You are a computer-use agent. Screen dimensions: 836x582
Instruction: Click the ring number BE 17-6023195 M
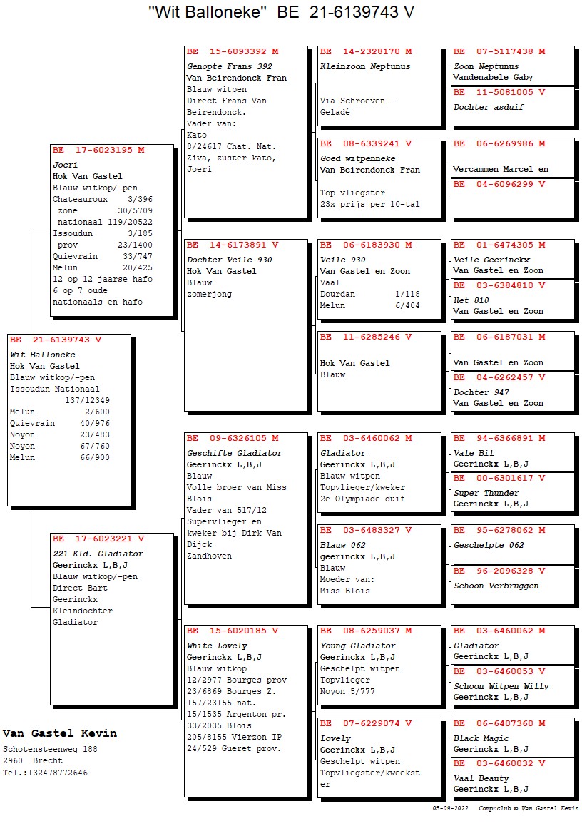tap(98, 151)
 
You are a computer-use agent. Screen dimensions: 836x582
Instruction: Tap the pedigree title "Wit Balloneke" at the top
tap(208, 12)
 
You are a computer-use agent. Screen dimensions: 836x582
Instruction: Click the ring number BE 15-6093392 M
tap(233, 52)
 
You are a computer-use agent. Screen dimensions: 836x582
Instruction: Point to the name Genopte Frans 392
tap(229, 66)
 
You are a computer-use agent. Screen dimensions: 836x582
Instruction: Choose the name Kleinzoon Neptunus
tap(365, 66)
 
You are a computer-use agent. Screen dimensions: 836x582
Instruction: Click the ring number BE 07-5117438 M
tap(499, 52)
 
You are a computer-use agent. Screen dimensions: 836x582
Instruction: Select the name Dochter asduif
tap(489, 107)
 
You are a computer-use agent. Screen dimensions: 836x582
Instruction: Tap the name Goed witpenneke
tap(358, 158)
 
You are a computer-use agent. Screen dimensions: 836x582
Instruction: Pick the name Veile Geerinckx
tap(491, 260)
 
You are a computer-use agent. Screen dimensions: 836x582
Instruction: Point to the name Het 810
tap(471, 300)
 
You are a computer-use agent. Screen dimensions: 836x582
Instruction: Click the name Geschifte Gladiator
tap(235, 453)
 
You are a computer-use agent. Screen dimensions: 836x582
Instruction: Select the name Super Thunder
tap(486, 493)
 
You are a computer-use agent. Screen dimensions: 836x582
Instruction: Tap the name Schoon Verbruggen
tap(496, 586)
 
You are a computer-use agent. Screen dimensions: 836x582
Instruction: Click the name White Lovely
tap(218, 646)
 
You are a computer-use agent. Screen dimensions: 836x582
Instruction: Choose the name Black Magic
tap(482, 738)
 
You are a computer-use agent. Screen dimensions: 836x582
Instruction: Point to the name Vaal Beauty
tap(481, 778)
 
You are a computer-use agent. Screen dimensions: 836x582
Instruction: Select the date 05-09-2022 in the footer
tap(450, 808)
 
